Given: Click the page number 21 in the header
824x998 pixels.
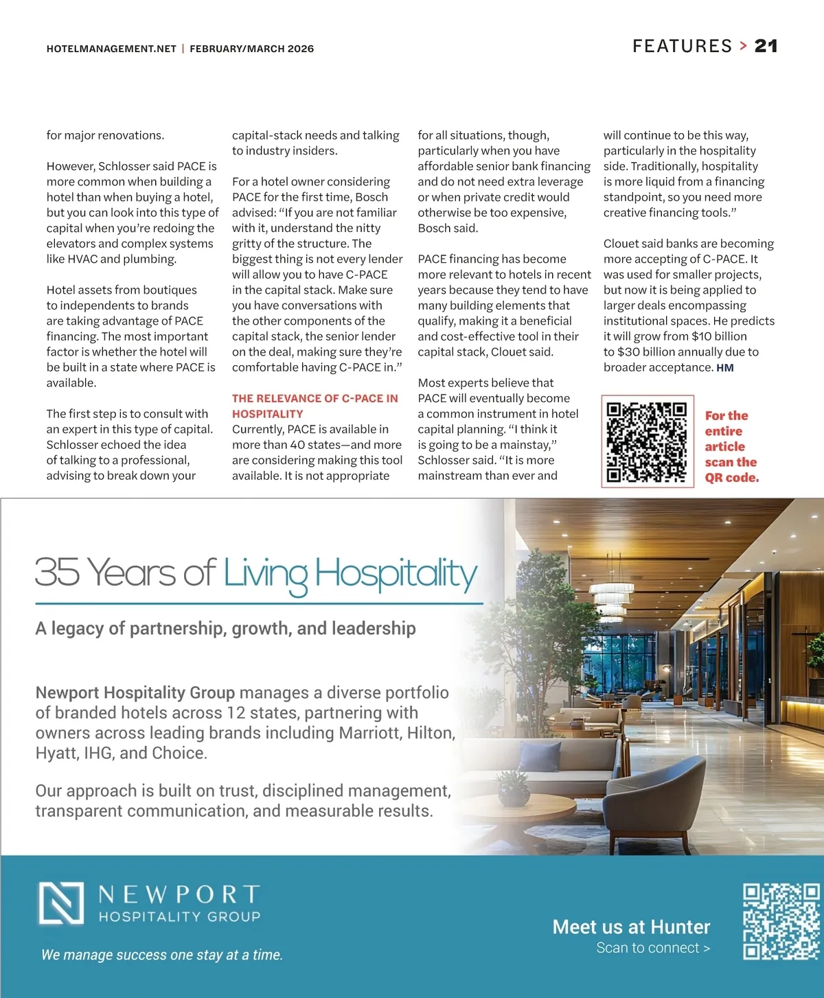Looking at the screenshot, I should pos(766,46).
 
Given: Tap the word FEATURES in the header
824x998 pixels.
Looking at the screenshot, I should pos(682,46).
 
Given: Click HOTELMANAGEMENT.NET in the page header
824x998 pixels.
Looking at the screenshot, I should pos(111,49).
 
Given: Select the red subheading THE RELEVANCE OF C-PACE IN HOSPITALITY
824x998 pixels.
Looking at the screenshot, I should pos(314,406).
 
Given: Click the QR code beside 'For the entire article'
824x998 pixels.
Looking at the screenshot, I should pos(647,441).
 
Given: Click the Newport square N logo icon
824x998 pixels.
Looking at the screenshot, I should pos(62,903).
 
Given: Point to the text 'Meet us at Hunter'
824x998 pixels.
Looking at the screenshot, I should pos(631,927).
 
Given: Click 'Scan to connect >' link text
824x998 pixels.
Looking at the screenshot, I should pos(652,948).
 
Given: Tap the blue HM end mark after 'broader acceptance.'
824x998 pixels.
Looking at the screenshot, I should pos(725,368).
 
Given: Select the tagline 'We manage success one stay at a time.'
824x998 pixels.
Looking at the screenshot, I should pos(162,955).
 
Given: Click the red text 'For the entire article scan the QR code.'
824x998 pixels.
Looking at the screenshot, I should pos(731,446).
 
